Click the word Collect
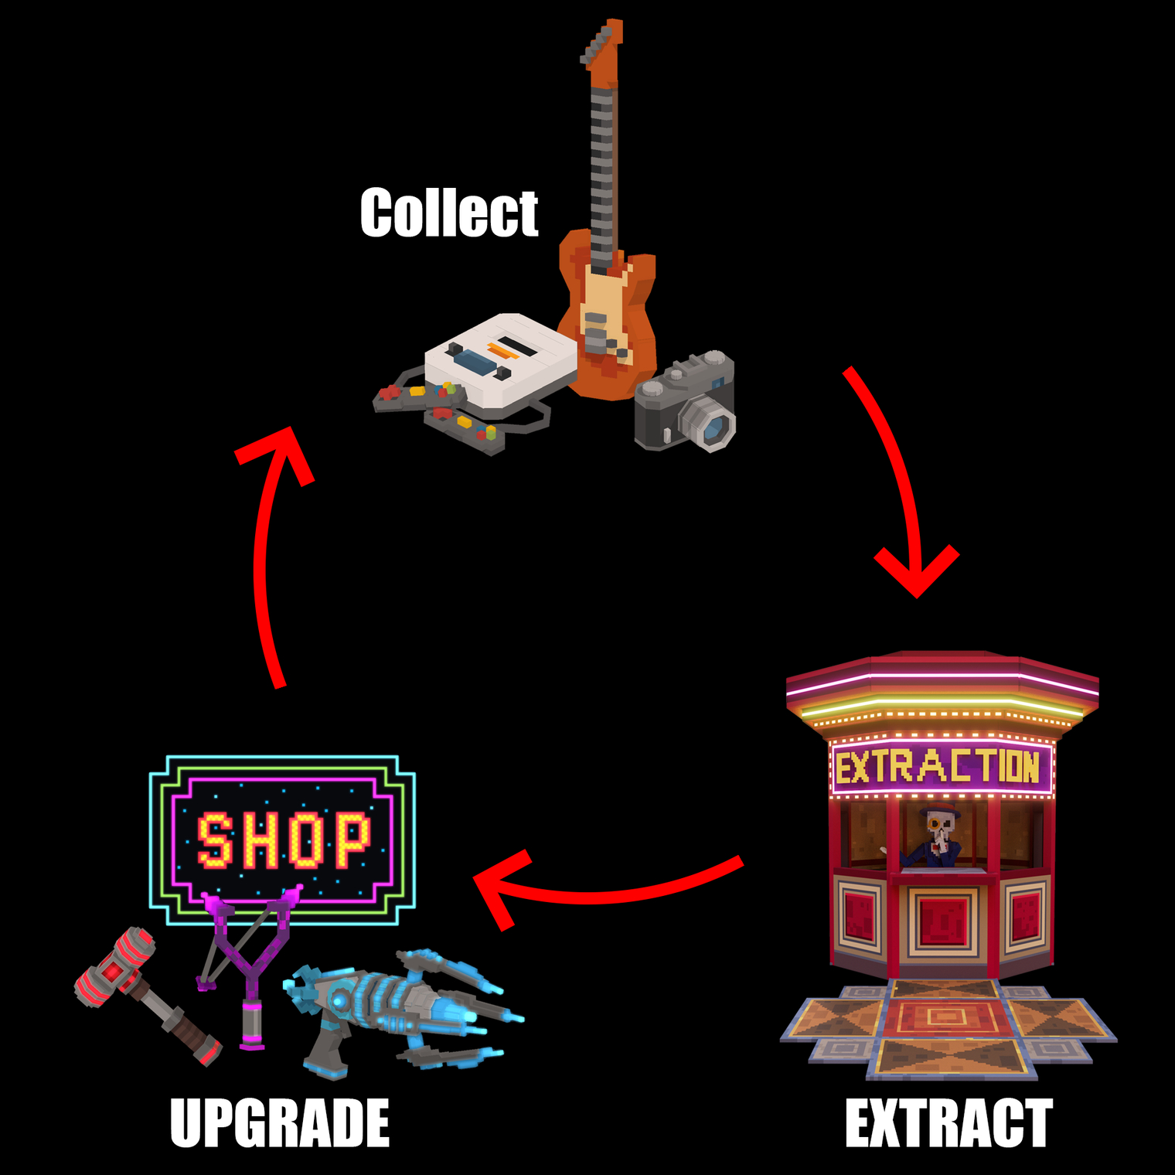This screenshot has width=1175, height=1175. click(x=449, y=213)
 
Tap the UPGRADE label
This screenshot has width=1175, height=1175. click(x=280, y=1123)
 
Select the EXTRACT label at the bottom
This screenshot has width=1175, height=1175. click(x=949, y=1123)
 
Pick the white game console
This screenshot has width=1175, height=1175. click(x=501, y=359)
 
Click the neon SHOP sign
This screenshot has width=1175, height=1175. click(x=282, y=840)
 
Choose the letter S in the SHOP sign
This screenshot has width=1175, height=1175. click(x=215, y=840)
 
